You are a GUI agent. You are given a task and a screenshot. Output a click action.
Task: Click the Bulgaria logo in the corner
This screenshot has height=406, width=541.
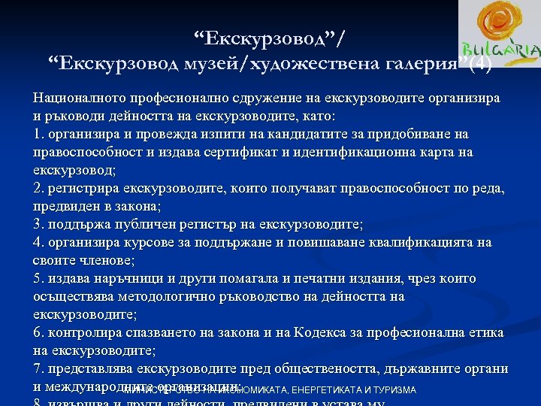[x=499, y=38]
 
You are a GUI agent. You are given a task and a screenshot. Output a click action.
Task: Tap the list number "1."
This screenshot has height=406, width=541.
[x=39, y=135]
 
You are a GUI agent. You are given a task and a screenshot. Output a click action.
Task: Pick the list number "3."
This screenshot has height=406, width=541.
[x=39, y=225]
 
